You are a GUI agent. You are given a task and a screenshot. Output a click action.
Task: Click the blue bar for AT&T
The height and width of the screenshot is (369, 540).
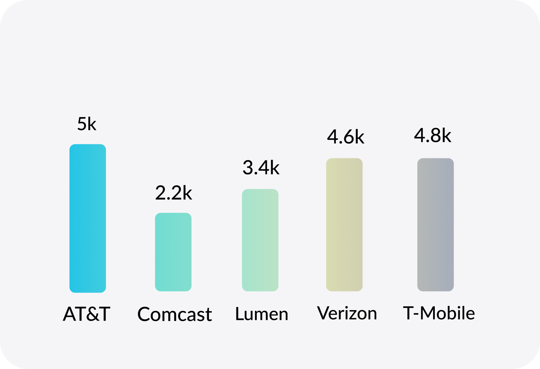pos(88,218)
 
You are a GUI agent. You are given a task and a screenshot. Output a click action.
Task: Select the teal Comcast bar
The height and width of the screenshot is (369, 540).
pos(173,252)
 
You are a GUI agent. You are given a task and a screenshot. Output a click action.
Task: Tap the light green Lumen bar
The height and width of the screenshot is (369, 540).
pos(260,240)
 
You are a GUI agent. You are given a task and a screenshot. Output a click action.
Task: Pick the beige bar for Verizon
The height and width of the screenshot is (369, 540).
pos(344,225)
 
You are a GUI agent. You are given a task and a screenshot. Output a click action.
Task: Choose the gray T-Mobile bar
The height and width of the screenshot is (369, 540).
pos(436,225)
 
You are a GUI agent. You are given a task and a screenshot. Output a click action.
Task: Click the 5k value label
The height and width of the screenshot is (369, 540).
pos(87,124)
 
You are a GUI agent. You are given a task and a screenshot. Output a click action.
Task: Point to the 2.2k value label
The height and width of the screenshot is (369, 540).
pos(174,193)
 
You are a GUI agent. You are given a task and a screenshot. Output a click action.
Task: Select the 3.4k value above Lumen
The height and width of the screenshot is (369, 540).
pos(261,168)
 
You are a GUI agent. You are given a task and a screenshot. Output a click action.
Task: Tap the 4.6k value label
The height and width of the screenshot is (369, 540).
pos(345,137)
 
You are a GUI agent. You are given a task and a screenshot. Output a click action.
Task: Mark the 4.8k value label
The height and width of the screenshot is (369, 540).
pos(432,135)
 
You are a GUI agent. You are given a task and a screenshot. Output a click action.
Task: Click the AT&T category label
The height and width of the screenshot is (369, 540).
pos(87,314)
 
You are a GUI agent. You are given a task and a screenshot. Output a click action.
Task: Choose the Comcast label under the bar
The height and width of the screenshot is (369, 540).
pos(175,314)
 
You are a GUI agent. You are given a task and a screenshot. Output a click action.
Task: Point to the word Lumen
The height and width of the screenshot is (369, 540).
pos(262,314)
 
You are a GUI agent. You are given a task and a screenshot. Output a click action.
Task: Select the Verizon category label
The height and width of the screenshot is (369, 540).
pos(347,313)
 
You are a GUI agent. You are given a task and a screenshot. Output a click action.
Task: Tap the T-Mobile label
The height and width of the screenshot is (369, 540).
pos(439,313)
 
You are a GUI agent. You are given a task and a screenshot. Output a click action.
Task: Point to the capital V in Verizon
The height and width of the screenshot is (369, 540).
pos(324,313)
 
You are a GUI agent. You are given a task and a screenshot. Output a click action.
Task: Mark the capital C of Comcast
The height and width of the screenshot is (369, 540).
pos(144,314)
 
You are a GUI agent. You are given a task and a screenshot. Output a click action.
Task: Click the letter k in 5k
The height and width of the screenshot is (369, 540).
pos(92,124)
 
